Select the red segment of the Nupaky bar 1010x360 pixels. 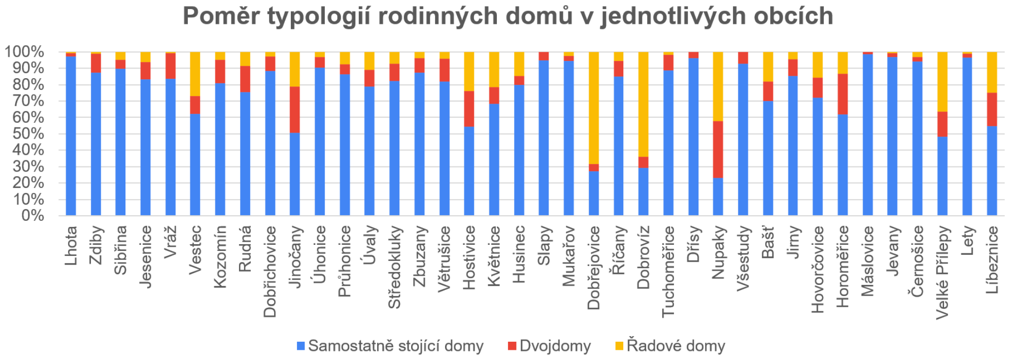718,149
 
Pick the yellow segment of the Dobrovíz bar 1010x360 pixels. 643,104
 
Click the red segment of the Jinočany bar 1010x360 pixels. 294,109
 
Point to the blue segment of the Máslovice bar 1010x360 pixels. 867,135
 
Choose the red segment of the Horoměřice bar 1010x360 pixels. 843,94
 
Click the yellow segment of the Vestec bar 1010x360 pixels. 195,74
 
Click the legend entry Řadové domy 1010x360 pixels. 675,346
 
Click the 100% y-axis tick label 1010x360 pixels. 24,52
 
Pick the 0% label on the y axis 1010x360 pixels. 32,215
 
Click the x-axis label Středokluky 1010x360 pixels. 394,267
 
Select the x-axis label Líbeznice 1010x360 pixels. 992,259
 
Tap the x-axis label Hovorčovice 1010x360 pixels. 817,269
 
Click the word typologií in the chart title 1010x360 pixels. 318,16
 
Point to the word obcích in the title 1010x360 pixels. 793,16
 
